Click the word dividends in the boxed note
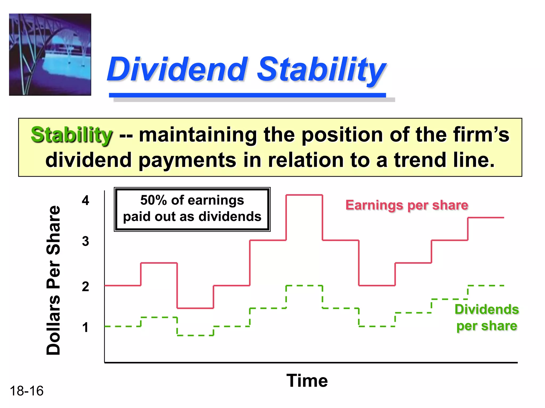pos(230,216)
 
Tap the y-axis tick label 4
pos(85,200)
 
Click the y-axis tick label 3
pos(85,241)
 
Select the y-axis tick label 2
pos(85,287)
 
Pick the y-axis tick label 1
pos(85,327)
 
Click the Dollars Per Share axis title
pos(53,280)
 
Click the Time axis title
pos(307,380)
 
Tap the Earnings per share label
pos(407,205)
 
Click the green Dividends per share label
pos(486,317)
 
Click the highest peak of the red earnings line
pos(304,195)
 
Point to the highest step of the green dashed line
pos(304,286)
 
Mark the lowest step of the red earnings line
pos(195,308)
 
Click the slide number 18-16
pos(26,391)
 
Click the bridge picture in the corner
pos(50,54)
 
